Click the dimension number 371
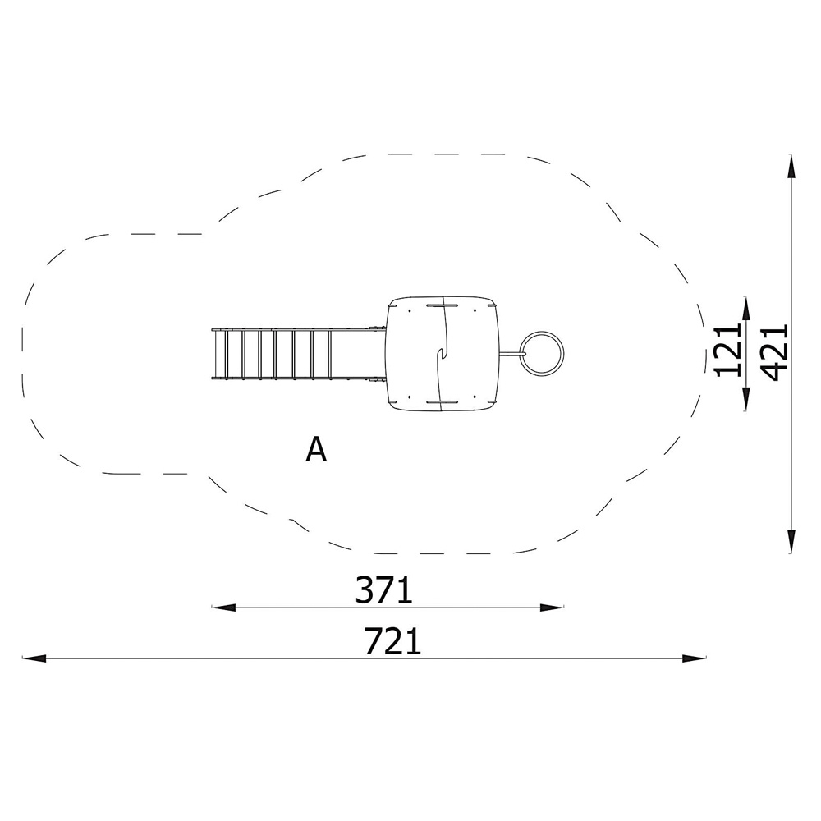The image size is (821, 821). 384,589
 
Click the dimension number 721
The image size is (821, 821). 392,641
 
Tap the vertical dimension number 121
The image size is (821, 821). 728,350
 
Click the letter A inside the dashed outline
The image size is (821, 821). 316,449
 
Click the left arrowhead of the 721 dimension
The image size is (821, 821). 34,658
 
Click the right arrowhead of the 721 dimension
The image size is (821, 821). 695,658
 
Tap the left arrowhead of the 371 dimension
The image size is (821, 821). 223,608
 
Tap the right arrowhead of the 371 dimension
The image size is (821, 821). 552,608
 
